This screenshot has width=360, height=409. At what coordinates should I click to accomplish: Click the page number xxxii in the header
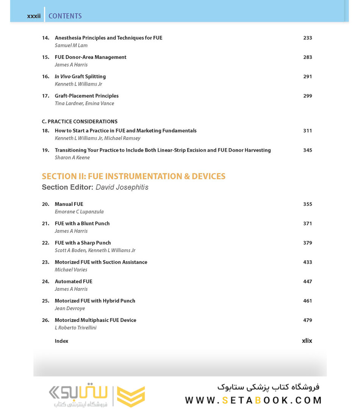pos(34,16)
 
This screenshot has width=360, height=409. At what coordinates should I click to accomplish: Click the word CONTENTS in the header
pos(65,16)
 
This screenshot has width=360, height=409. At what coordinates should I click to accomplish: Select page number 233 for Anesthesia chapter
pos(307,38)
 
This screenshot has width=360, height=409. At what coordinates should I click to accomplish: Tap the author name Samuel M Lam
pos(71,45)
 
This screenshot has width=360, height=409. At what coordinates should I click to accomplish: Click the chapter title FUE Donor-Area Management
pos(91,57)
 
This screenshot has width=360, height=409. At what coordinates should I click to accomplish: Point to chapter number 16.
pos(45,77)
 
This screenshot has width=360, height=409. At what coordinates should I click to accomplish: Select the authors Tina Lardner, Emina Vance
pos(85,103)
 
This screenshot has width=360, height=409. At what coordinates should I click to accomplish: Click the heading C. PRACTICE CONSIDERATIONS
pos(80,122)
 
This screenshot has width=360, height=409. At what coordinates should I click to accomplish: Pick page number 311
pos(307,131)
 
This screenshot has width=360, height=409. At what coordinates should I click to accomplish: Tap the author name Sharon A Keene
pos(72,158)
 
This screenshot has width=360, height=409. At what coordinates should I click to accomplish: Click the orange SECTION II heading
pos(133,176)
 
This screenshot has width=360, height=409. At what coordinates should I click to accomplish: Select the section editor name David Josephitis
pos(122,187)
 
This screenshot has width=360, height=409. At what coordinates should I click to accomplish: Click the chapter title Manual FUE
pos(69,204)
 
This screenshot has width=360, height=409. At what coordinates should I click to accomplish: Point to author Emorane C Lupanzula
pos(79,212)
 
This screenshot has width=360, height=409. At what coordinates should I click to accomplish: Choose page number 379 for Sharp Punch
pos(307,243)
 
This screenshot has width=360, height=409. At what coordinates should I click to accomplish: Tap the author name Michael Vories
pos(71,270)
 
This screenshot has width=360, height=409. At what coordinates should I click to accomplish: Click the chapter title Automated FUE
pos(74,282)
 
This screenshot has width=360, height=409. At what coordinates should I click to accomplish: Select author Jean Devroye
pos(70,309)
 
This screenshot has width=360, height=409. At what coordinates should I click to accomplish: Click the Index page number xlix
pos(307,341)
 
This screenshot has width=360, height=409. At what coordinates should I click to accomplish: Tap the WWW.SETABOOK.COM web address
pos(253,400)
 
